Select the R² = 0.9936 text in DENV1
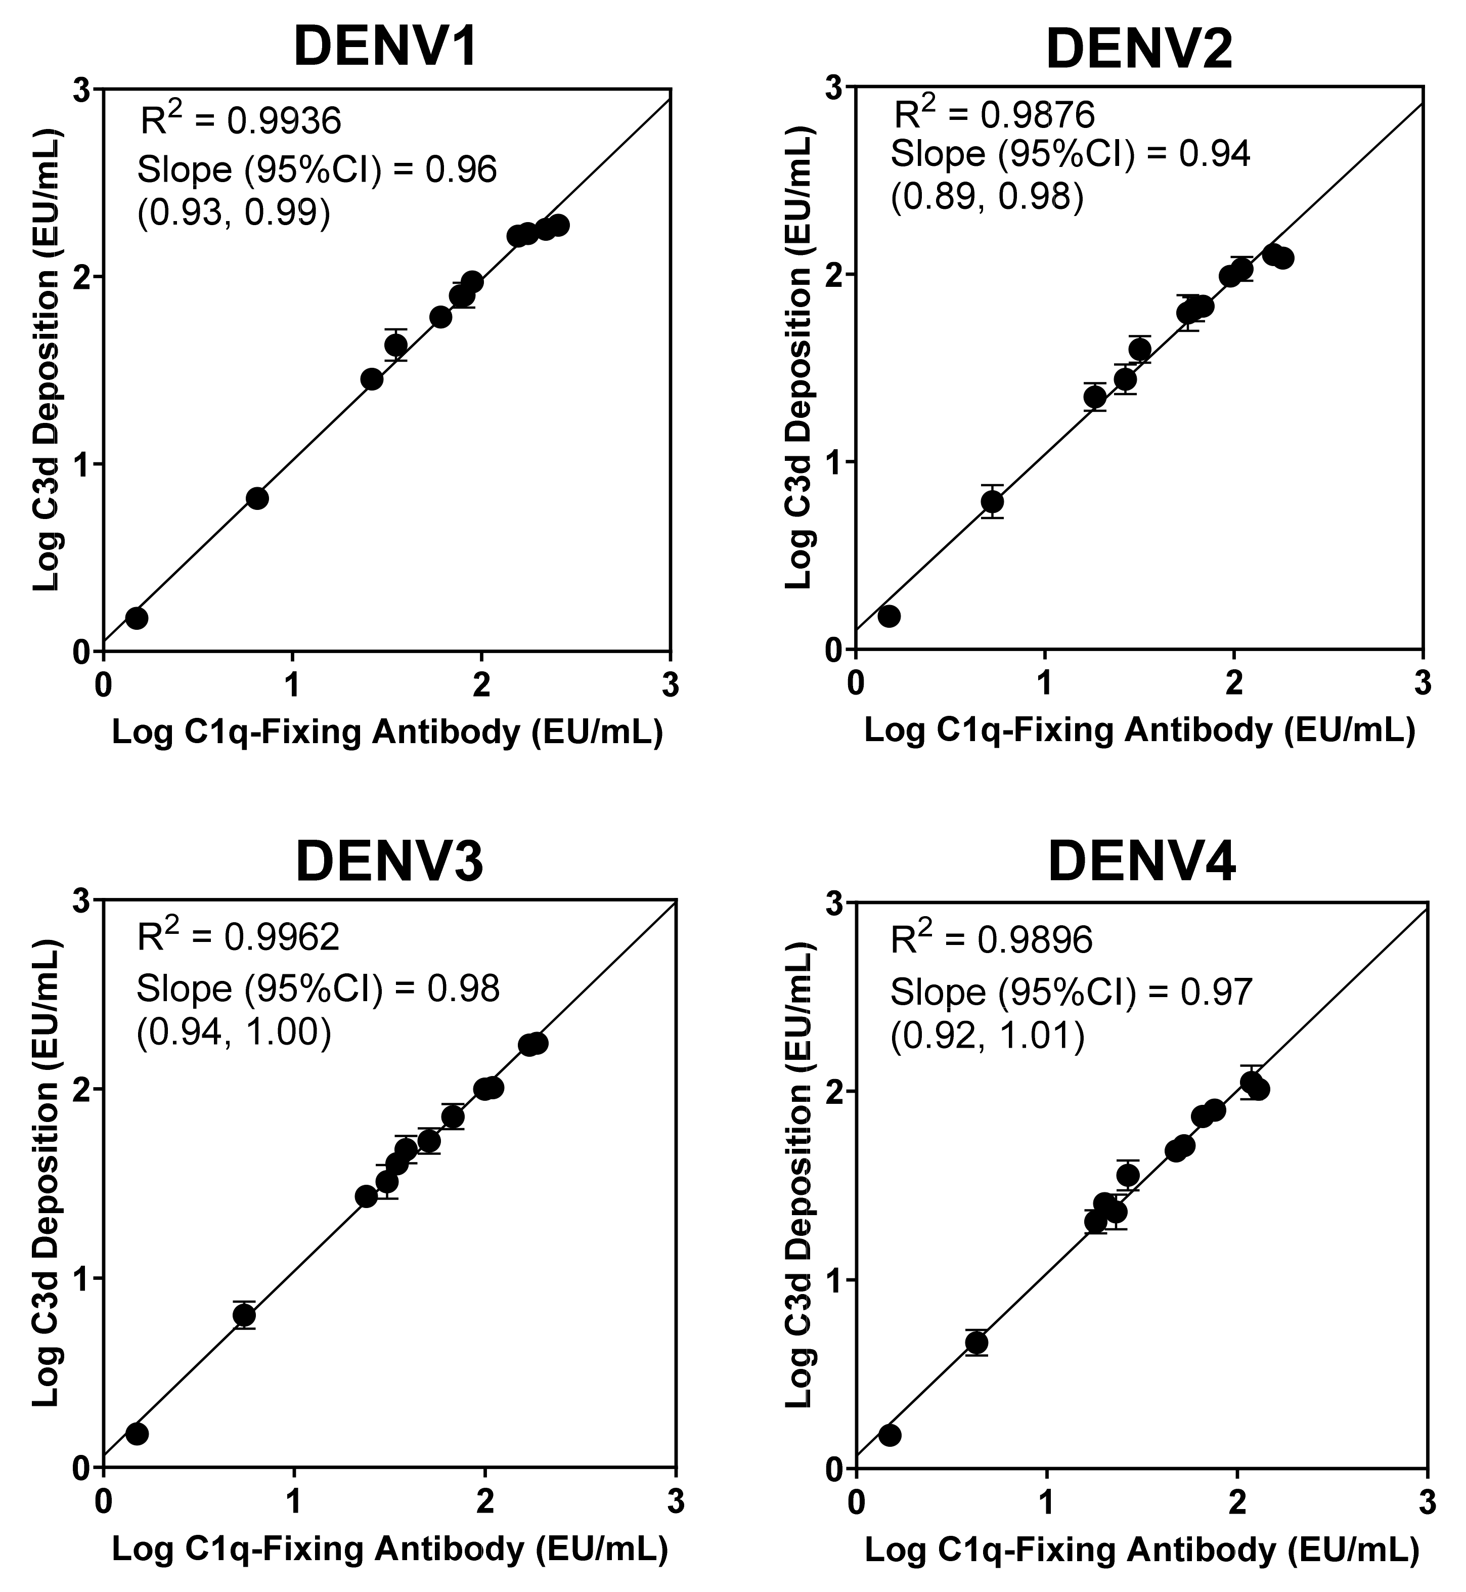pyautogui.click(x=240, y=120)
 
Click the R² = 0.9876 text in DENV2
pyautogui.click(x=994, y=114)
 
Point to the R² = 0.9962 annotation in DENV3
pyautogui.click(x=239, y=936)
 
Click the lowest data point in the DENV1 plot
pyautogui.click(x=137, y=618)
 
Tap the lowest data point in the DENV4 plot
pyautogui.click(x=890, y=1435)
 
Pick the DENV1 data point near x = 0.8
pyautogui.click(x=257, y=498)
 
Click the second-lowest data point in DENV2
pyautogui.click(x=992, y=501)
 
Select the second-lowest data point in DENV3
pyautogui.click(x=244, y=1315)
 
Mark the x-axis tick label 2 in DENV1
pyautogui.click(x=481, y=685)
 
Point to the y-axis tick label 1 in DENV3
pyautogui.click(x=79, y=1278)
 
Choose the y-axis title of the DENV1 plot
pyautogui.click(x=47, y=357)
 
